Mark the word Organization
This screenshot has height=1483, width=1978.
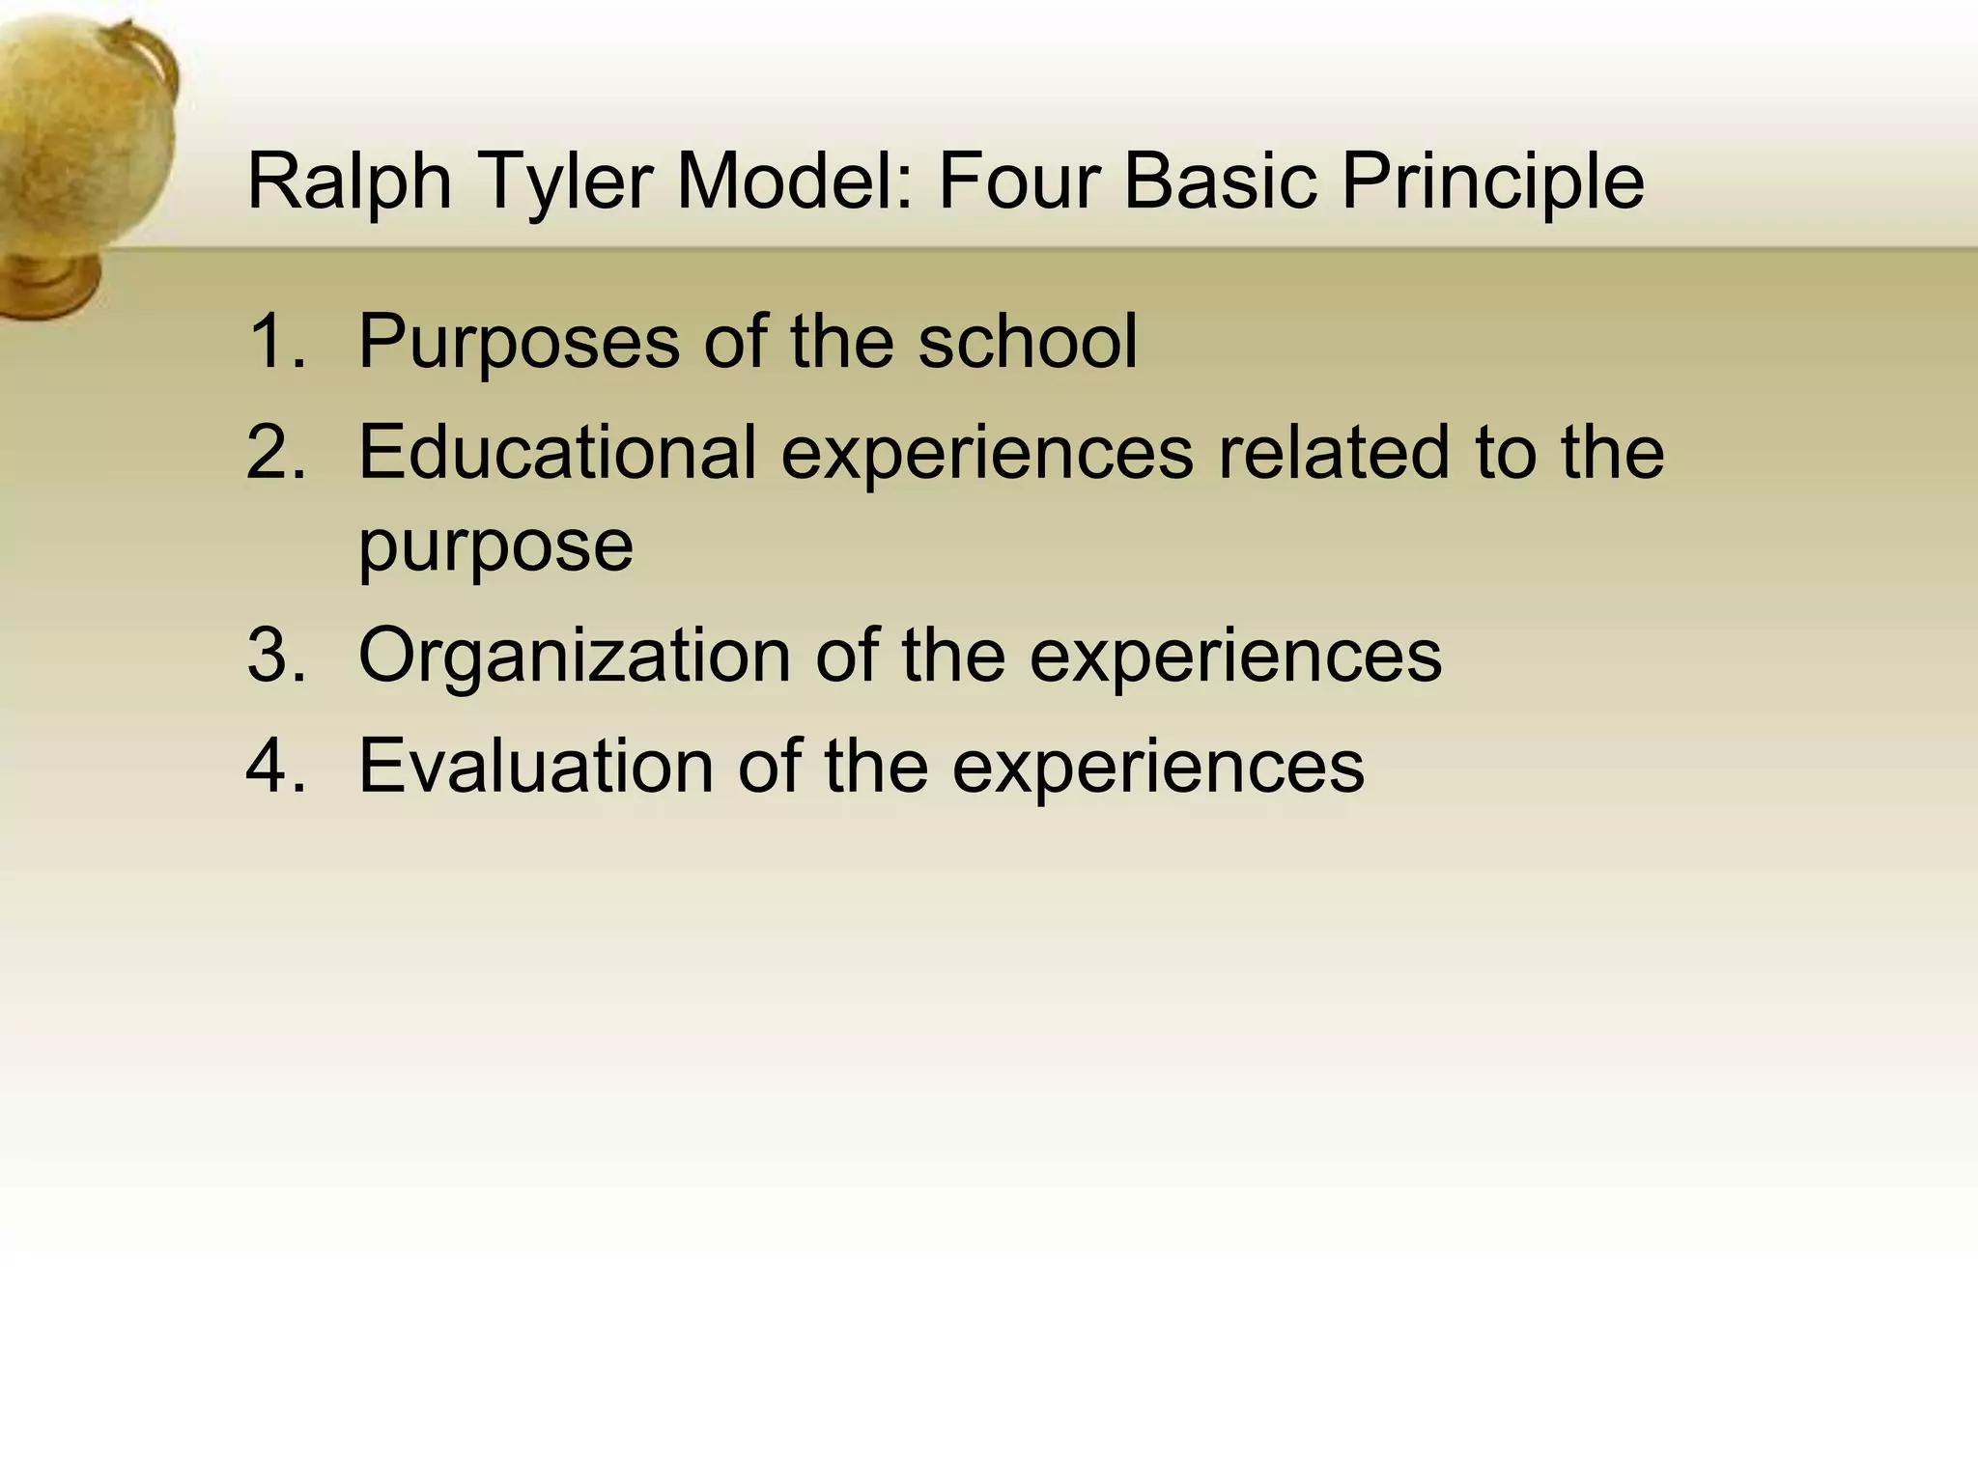(x=574, y=658)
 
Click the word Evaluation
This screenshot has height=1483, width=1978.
(x=536, y=766)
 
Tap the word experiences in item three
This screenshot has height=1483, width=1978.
(x=1235, y=658)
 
